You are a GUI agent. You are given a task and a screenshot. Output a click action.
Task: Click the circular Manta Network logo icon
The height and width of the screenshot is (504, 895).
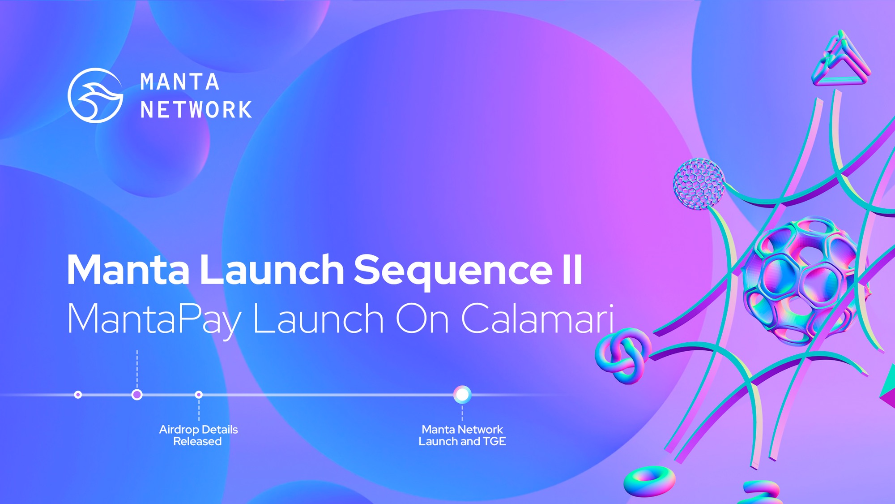pyautogui.click(x=95, y=95)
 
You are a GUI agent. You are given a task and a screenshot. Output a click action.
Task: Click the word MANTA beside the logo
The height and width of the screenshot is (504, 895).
pyautogui.click(x=179, y=82)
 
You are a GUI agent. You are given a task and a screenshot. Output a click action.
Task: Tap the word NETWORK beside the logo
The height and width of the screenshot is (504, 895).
pyautogui.click(x=196, y=110)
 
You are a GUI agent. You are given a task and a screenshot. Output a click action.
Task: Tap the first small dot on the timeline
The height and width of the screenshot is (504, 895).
pyautogui.click(x=78, y=395)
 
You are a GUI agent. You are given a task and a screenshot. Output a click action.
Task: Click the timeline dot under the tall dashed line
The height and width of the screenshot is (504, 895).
pyautogui.click(x=137, y=395)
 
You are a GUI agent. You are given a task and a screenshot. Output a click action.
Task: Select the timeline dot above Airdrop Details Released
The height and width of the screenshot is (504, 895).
pyautogui.click(x=199, y=395)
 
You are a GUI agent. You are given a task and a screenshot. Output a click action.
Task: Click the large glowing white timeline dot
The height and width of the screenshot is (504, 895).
pyautogui.click(x=462, y=395)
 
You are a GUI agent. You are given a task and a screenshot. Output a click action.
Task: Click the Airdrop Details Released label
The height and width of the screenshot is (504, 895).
pyautogui.click(x=198, y=435)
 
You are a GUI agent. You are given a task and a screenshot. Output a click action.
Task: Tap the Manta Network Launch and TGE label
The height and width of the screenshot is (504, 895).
pyautogui.click(x=462, y=435)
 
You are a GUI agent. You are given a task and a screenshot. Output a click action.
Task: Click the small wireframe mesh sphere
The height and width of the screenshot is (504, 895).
pyautogui.click(x=699, y=184)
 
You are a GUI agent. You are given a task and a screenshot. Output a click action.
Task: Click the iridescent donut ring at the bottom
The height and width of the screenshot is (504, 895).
pyautogui.click(x=650, y=481)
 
